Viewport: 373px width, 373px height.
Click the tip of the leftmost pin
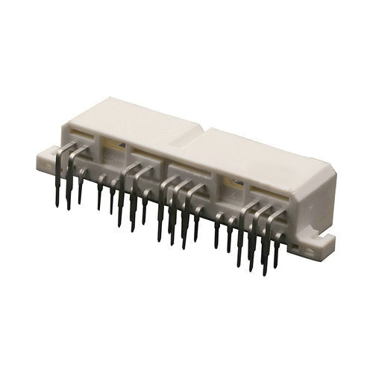coord(57,204)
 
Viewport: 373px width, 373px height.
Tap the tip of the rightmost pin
coord(277,266)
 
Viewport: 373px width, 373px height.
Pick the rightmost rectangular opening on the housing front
coord(269,195)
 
